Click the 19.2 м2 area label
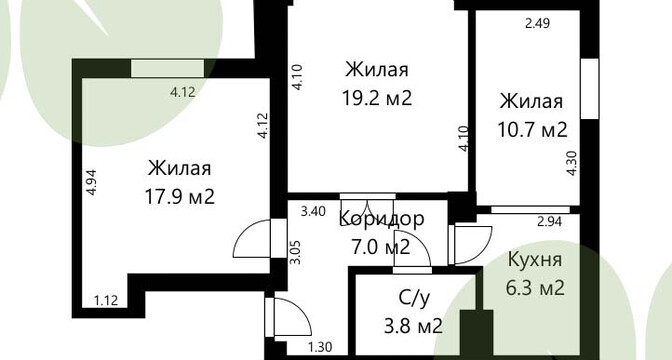[x=377, y=98]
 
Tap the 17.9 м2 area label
[x=180, y=197]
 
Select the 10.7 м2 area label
[x=532, y=129]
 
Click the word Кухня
[x=535, y=260]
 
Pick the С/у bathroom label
[x=414, y=299]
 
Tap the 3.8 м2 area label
[x=414, y=327]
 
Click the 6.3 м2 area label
[x=535, y=288]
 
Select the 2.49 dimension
[x=537, y=23]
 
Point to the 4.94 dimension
[x=91, y=183]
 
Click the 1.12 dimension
[x=106, y=301]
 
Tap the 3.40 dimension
[x=313, y=211]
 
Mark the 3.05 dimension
[x=295, y=252]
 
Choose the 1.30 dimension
[x=320, y=347]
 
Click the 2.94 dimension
[x=549, y=222]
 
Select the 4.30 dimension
[x=572, y=163]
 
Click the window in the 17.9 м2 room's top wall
[x=167, y=69]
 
